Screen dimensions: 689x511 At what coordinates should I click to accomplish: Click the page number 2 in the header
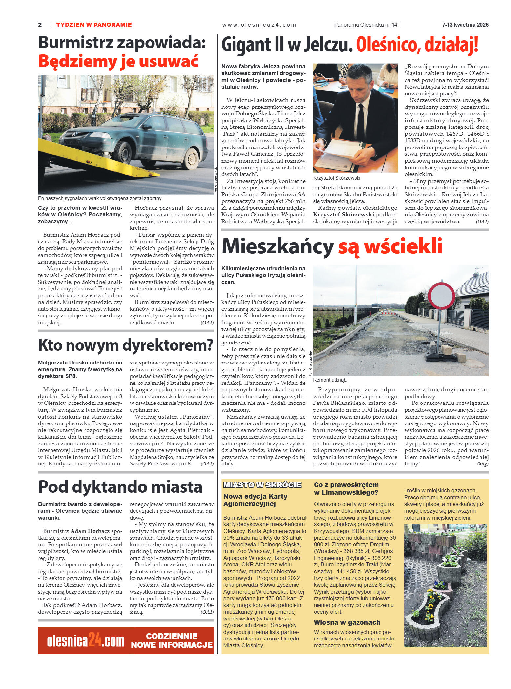point(40,25)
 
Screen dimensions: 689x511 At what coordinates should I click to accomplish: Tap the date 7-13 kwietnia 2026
point(465,25)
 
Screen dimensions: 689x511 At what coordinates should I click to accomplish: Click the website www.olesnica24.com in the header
point(259,25)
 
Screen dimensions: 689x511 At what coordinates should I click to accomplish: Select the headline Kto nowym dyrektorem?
point(126,345)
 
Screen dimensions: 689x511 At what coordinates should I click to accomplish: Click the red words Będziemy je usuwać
point(118,61)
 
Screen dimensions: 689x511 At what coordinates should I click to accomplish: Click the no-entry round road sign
point(441,296)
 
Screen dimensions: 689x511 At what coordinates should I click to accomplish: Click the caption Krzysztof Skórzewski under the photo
point(337,178)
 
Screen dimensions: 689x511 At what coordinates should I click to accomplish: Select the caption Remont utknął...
point(330,380)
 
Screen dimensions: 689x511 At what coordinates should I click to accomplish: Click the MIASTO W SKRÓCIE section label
point(262,485)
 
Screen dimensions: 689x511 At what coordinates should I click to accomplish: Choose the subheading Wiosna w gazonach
point(347,622)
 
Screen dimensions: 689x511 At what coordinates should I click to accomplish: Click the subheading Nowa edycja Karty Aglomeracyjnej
point(255,500)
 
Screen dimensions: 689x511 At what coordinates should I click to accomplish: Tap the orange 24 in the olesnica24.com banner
point(94,640)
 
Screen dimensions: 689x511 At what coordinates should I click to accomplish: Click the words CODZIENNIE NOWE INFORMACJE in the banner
point(172,640)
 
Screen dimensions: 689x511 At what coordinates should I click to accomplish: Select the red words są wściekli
point(390,246)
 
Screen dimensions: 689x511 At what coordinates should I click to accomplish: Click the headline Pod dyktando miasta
point(120,487)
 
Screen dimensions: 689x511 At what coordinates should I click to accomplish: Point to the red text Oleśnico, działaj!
point(417,45)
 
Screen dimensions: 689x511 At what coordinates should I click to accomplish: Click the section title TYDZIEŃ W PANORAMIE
point(94,25)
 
